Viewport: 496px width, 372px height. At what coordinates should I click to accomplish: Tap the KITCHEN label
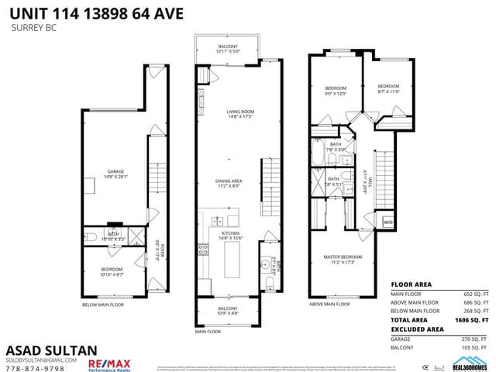tap(228, 235)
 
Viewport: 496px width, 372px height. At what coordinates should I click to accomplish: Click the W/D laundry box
tap(387, 222)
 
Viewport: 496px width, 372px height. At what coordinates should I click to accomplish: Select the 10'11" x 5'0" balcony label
tap(228, 50)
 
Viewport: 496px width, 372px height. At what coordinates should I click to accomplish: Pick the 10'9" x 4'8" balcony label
tap(228, 311)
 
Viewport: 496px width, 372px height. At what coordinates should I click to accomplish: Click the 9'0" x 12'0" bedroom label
tap(336, 90)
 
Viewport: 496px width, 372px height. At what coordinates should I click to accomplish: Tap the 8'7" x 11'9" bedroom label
tap(387, 88)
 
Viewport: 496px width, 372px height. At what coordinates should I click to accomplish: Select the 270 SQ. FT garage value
tap(474, 339)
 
